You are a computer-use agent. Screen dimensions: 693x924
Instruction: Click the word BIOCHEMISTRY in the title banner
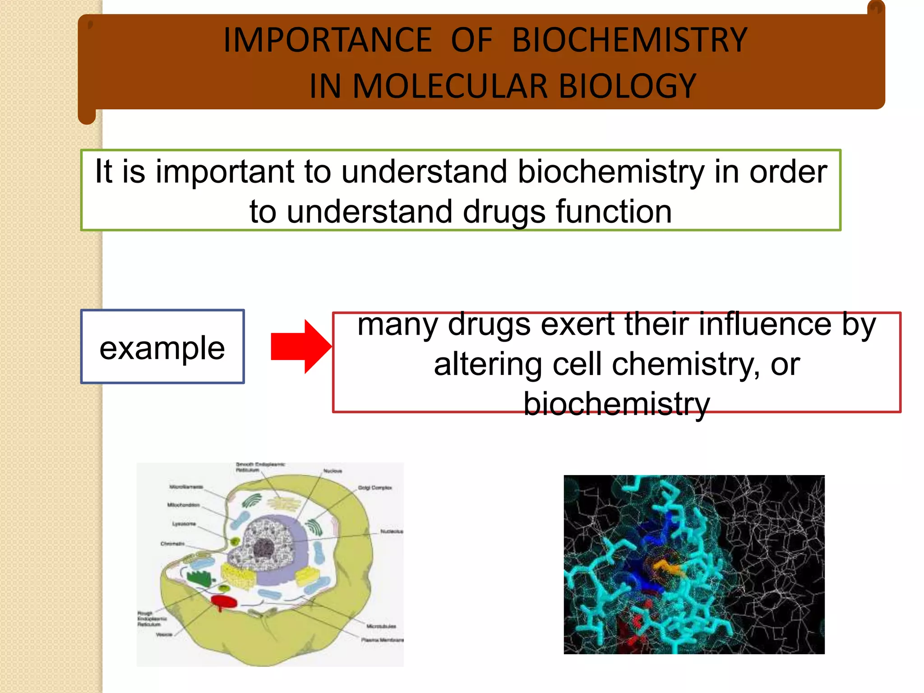(x=629, y=40)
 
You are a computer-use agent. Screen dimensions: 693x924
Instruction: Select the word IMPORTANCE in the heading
(x=328, y=40)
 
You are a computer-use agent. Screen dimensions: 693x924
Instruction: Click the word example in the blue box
(x=162, y=348)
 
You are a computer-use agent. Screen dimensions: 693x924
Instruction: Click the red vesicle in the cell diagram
(x=224, y=601)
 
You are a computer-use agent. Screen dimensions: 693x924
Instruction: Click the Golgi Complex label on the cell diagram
(x=375, y=488)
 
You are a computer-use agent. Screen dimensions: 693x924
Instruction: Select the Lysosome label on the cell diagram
(x=184, y=524)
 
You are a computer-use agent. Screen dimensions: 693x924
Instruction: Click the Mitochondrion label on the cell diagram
(x=183, y=505)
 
